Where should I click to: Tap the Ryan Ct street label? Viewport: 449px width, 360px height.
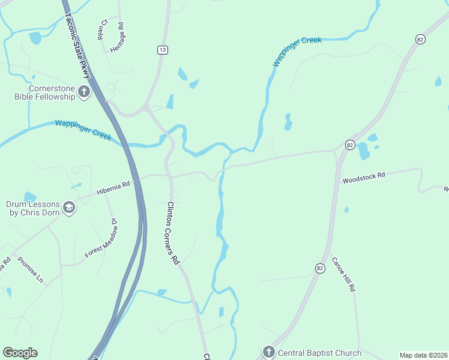click(x=103, y=30)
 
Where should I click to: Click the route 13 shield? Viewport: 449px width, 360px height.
click(x=163, y=50)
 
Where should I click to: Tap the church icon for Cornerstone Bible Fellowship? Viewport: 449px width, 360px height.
click(x=83, y=92)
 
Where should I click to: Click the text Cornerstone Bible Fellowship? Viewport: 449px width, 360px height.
click(x=45, y=92)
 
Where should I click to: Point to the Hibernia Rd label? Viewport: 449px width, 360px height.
click(x=113, y=188)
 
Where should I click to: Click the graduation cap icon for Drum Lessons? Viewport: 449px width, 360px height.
click(x=69, y=208)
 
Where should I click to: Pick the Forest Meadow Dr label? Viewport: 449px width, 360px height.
click(x=103, y=239)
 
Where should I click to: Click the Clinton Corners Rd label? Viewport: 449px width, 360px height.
click(x=173, y=233)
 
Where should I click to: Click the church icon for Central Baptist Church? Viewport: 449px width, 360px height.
click(x=268, y=352)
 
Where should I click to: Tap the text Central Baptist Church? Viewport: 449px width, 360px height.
click(x=319, y=353)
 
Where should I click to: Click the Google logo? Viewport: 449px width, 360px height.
click(x=20, y=353)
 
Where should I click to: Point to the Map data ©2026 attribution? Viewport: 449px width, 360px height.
click(x=423, y=355)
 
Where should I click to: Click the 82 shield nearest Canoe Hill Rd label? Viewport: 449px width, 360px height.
click(x=320, y=268)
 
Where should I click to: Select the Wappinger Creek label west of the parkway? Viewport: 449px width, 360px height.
click(x=83, y=130)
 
